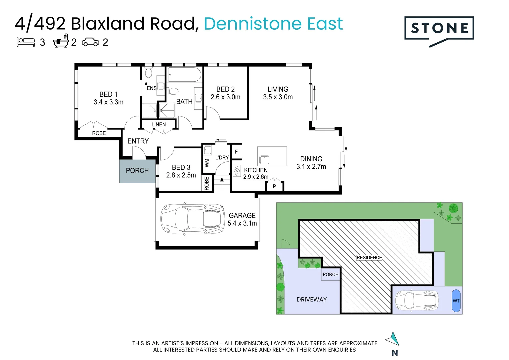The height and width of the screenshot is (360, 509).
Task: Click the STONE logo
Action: tap(439, 29)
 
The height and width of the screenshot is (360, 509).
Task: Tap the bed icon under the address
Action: tap(26, 42)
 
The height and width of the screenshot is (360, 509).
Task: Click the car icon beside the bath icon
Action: tap(90, 42)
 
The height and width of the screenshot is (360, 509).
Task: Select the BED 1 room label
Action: tap(108, 94)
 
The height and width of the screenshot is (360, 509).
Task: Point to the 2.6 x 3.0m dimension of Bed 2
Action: tap(225, 97)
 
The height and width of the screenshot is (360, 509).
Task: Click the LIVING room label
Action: tap(278, 89)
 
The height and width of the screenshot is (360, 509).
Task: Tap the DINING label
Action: tap(311, 159)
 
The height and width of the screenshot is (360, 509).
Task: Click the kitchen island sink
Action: tap(264, 160)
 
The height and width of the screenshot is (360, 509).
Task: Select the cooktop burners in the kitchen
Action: tap(237, 171)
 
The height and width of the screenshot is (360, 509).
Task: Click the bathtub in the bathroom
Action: tap(184, 75)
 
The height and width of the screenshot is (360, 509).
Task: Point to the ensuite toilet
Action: tap(149, 73)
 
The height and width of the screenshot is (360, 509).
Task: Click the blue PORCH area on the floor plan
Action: tap(137, 171)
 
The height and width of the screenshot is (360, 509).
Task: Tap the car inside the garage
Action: tap(192, 219)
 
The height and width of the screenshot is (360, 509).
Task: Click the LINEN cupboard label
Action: tap(158, 125)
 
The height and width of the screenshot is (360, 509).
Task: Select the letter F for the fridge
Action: tap(236, 152)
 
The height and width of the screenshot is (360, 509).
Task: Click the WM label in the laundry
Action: tap(207, 163)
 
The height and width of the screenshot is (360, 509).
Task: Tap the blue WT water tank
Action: tap(456, 301)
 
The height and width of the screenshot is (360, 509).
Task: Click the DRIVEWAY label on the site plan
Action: tap(311, 299)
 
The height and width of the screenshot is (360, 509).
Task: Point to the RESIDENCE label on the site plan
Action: tap(369, 258)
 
